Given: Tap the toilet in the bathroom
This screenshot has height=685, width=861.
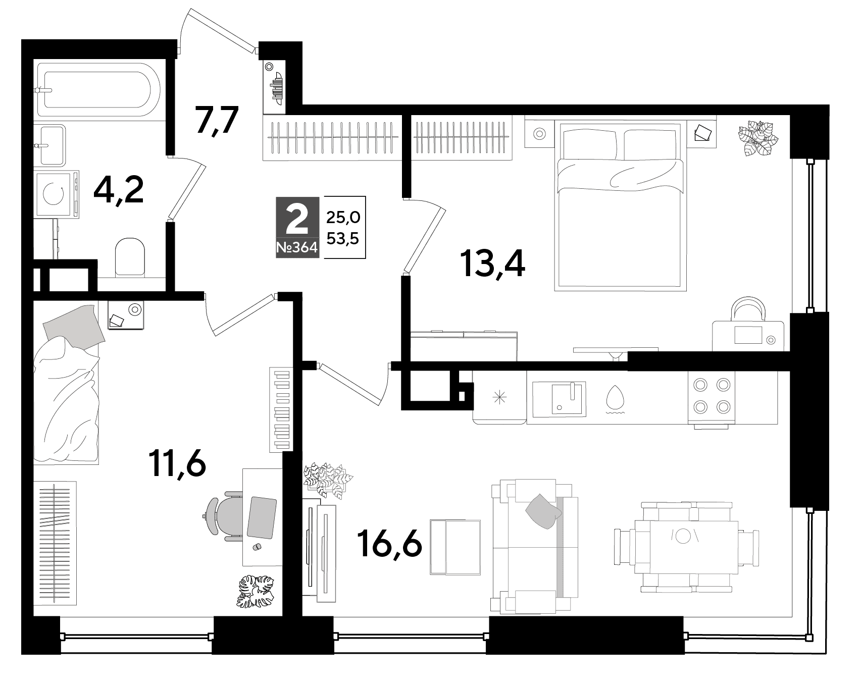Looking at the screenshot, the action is coord(130,257).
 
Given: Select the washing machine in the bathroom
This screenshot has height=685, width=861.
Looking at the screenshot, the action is coord(57,194).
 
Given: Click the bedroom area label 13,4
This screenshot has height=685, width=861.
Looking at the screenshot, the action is coord(492,266).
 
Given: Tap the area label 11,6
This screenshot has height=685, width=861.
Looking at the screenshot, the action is coord(178,464).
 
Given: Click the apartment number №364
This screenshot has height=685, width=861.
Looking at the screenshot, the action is coord(297,248).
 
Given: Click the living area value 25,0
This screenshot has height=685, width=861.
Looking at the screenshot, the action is coord(343,218).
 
